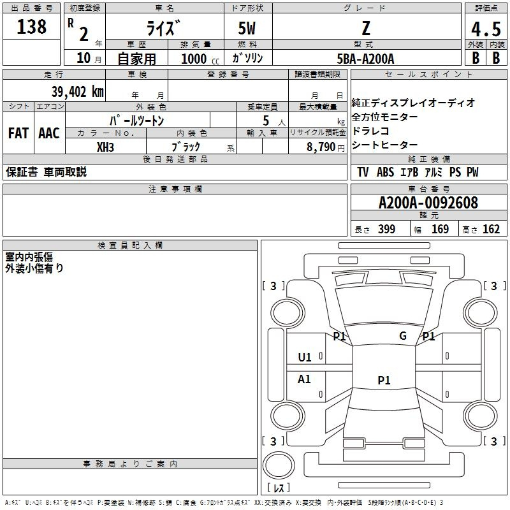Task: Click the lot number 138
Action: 32,27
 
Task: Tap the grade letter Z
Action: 365,29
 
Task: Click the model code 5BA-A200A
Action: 365,59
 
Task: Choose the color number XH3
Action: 105,147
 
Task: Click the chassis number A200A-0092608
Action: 428,203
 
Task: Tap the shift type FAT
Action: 18,133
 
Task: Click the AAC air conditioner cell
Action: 48,133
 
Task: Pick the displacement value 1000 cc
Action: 194,59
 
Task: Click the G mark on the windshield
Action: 403,336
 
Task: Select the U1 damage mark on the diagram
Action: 305,357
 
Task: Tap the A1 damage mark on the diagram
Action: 305,379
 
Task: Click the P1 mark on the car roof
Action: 384,381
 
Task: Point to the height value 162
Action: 491,229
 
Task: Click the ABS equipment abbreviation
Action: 385,172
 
